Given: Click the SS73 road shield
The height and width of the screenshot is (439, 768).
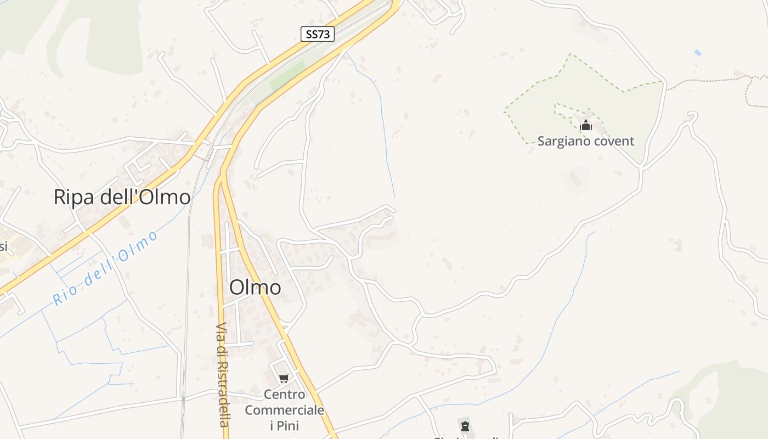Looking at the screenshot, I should click(x=317, y=34).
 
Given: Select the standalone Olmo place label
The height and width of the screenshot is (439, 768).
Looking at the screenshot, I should click(x=255, y=287).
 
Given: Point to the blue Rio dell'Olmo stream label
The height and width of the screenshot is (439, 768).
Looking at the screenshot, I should click(x=105, y=269).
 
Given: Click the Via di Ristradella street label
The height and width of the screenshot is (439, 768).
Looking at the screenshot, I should click(x=222, y=374).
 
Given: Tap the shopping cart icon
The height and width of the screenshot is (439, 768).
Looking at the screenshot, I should click(x=284, y=378).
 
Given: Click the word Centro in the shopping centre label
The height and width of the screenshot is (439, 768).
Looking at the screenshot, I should click(x=284, y=394).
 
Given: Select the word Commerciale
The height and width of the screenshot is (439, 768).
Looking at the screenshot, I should click(x=284, y=410).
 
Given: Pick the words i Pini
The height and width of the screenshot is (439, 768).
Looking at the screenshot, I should click(x=284, y=425).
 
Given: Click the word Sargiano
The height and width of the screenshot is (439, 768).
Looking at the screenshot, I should click(x=563, y=141).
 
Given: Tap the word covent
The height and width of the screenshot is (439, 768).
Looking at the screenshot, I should click(x=613, y=141).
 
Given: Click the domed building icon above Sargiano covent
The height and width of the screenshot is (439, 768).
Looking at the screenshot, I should click(x=586, y=126).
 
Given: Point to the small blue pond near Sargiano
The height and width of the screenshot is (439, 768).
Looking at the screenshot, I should click(x=697, y=52).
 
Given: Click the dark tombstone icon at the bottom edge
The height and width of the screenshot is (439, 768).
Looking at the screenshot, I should click(x=465, y=426).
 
